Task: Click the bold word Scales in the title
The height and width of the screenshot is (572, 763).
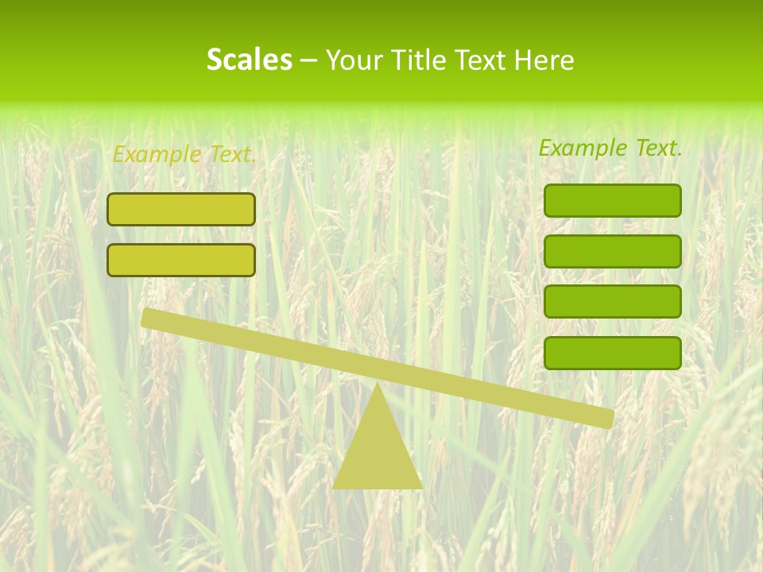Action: tap(249, 60)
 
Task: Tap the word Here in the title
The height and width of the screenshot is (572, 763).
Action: tap(544, 60)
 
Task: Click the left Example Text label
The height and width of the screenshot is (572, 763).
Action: tap(184, 154)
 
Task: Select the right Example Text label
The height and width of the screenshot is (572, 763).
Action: tap(610, 148)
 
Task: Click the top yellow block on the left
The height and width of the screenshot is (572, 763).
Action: tap(181, 210)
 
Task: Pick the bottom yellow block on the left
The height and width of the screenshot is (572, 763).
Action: tap(181, 260)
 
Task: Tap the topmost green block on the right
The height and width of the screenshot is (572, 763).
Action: tap(612, 200)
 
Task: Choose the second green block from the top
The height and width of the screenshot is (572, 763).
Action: tap(612, 251)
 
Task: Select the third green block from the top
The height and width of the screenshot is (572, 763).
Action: tap(612, 302)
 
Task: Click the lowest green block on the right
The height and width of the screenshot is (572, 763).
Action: tap(612, 353)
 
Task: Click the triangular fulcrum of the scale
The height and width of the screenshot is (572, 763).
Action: tap(378, 453)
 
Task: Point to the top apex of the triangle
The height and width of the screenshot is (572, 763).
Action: tap(378, 387)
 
